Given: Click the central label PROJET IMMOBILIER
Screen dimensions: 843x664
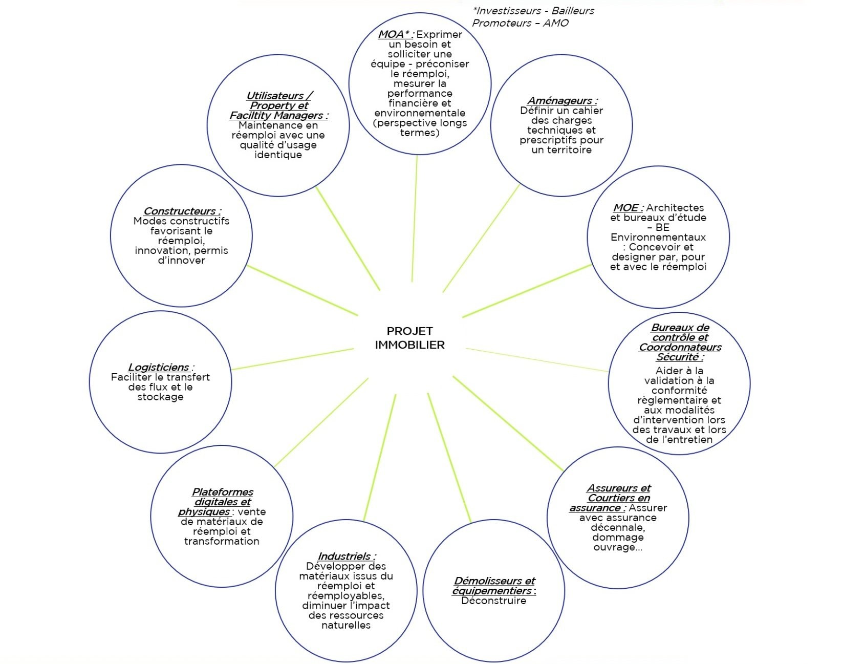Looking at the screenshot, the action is [x=409, y=338].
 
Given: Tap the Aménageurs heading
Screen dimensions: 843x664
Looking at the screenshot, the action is [x=562, y=101].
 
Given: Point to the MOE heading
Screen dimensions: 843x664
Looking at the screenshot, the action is [x=628, y=208].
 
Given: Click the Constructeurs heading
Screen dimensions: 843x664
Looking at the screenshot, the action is [x=182, y=211].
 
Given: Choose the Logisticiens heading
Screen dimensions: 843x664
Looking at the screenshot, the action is [x=161, y=367].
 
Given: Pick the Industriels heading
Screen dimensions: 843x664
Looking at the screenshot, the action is [x=347, y=556].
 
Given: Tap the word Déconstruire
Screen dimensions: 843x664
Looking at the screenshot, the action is [x=493, y=601].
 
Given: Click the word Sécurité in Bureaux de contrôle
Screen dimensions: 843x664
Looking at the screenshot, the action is [x=680, y=357].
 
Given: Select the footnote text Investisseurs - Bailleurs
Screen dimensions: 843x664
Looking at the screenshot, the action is [x=533, y=11].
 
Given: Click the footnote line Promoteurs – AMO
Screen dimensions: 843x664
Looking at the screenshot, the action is [x=520, y=23].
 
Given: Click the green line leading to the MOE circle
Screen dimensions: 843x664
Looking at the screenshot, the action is [x=527, y=291].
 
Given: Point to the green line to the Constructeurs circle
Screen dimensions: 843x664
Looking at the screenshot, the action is [x=302, y=290].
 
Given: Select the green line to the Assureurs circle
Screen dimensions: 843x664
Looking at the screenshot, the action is [x=508, y=423].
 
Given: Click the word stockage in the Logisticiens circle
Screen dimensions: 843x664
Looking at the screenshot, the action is [x=160, y=397].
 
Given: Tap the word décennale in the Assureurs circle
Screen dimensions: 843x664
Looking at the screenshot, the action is [x=618, y=528].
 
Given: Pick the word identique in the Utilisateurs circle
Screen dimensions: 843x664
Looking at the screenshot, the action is [x=278, y=155].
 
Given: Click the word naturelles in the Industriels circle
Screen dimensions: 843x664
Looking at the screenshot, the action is [x=346, y=626].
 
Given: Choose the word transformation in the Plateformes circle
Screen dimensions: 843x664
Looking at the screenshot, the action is [x=222, y=542].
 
